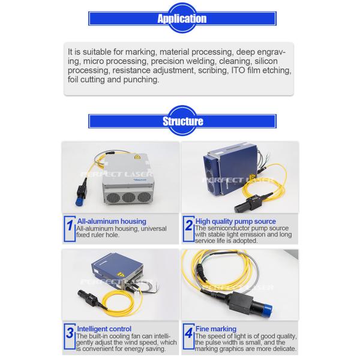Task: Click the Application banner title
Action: pos(182,19)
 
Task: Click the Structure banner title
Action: pos(183,121)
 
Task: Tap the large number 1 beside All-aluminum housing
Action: pos(70,225)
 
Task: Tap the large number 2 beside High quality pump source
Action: pos(189,225)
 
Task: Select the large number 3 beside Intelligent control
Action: pos(70,332)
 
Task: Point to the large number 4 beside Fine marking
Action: pos(189,332)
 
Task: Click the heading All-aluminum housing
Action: pos(112,221)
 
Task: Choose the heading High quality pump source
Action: pos(236,221)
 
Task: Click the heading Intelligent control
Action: pos(104,329)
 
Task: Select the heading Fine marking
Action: pos(216,329)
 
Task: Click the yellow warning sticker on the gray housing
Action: pos(137,157)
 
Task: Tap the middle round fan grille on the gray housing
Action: pos(128,197)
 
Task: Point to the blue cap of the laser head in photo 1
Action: pos(79,202)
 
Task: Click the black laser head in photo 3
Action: pos(89,298)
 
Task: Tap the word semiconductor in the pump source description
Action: pos(226,228)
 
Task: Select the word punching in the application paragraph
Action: pos(141,80)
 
